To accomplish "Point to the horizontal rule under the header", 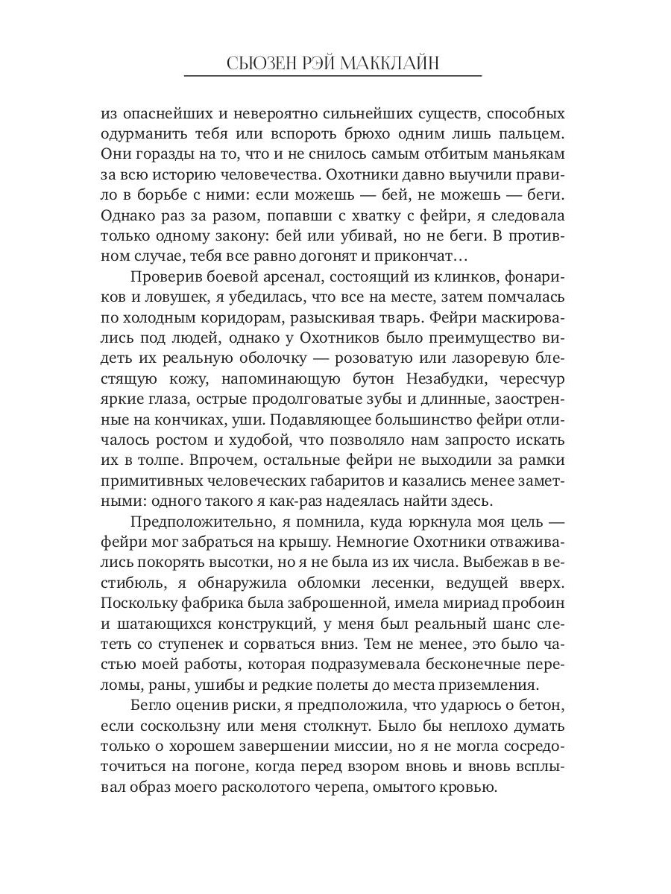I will point(333,76).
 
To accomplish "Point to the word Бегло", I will point(151,703).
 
